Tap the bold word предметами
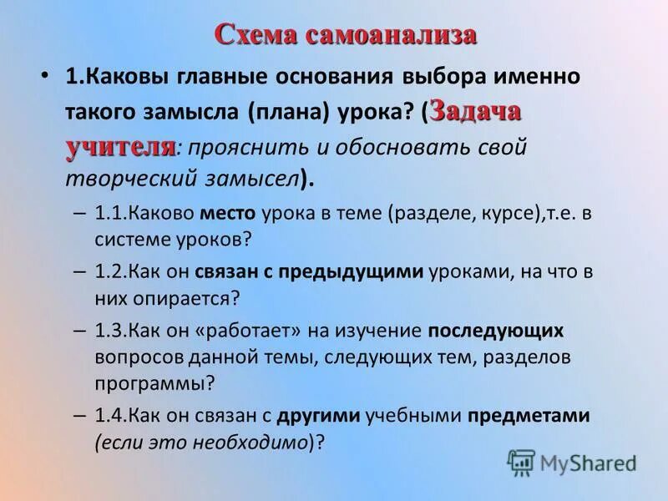click(529, 415)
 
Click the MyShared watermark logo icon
click(521, 462)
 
